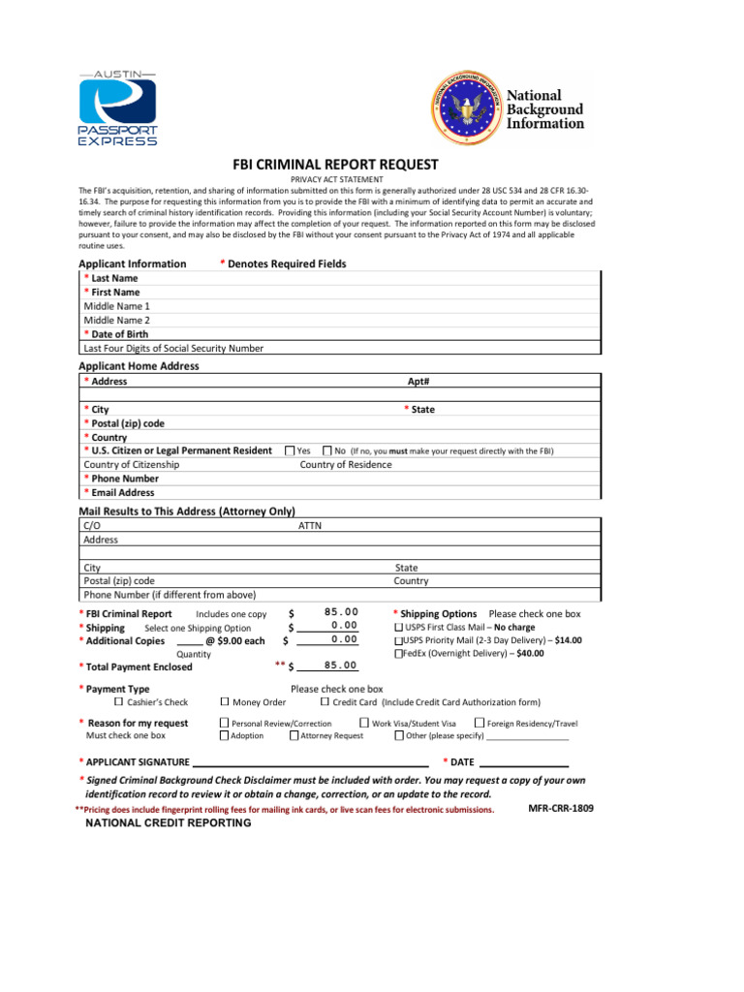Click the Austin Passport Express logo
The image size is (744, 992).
pos(116,108)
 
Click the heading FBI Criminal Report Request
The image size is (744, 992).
pos(334,165)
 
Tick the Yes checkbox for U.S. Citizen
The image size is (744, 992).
pos(290,450)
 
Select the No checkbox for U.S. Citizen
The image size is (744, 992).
pos(327,450)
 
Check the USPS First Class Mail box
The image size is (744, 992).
pos(398,627)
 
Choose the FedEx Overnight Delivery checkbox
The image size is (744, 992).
pos(398,654)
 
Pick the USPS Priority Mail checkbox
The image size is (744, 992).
pos(398,640)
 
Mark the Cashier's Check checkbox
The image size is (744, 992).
pos(119,701)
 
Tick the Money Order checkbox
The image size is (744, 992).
pos(225,701)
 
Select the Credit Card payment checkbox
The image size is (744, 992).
pos(325,701)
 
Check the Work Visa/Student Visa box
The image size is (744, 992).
pos(364,723)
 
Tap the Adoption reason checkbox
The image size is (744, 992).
pos(224,735)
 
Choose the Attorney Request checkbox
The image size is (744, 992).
pos(294,735)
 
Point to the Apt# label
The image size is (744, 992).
pos(418,382)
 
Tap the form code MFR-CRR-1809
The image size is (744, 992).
pos(561,807)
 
